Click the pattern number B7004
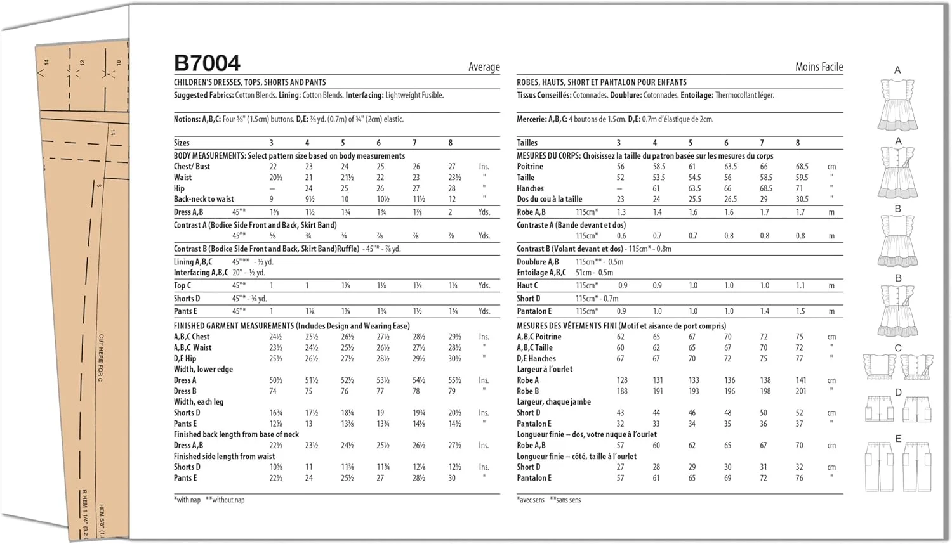click(207, 63)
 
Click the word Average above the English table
click(484, 67)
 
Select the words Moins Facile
click(819, 67)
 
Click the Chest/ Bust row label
click(192, 167)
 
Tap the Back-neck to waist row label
click(204, 199)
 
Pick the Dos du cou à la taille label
click(549, 199)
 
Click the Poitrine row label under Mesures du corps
click(529, 167)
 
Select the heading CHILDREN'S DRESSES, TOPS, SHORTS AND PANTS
click(249, 82)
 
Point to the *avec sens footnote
click(531, 500)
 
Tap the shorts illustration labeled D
click(898, 410)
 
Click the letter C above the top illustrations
click(898, 348)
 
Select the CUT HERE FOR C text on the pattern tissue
click(101, 358)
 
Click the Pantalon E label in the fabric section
click(534, 311)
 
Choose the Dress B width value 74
click(273, 391)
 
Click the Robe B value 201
click(801, 391)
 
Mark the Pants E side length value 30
click(452, 478)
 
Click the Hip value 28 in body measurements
click(452, 188)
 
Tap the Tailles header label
click(527, 143)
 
